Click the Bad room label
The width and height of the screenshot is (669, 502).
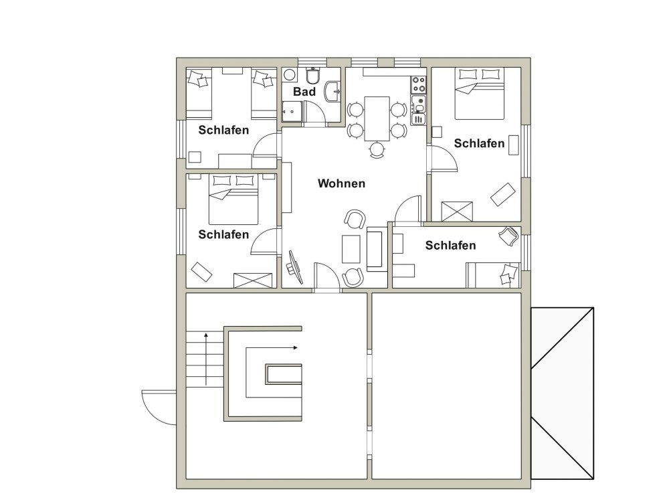click(304, 92)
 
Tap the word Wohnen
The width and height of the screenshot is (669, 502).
click(341, 183)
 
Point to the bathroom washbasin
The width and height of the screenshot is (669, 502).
click(332, 91)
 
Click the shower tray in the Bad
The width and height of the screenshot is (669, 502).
click(292, 111)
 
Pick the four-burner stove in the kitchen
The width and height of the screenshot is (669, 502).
click(419, 84)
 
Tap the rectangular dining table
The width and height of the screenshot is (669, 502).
click(377, 118)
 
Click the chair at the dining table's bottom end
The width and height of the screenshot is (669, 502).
click(377, 150)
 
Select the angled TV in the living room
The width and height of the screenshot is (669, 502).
click(295, 267)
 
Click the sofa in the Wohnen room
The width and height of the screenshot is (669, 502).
click(376, 249)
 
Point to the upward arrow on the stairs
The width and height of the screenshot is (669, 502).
click(206, 359)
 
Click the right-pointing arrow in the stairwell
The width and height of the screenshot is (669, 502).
click(272, 348)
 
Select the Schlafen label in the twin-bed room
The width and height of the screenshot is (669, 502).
click(223, 131)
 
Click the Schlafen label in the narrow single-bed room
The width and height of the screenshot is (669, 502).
click(450, 246)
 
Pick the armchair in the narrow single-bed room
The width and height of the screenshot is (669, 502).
click(509, 236)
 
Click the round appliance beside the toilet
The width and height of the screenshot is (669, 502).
click(290, 75)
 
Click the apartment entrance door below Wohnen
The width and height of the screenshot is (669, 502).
click(327, 277)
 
